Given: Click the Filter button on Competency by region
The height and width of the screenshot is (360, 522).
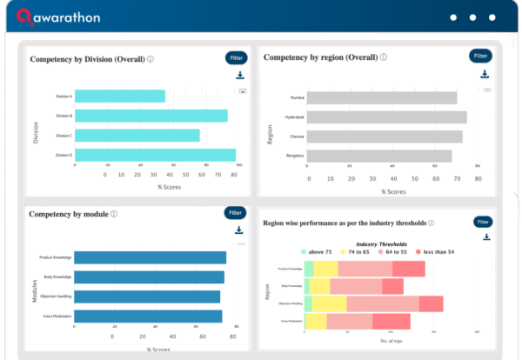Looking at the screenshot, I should coord(480,56).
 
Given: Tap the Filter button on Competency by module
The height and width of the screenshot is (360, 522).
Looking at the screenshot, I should coord(235,212).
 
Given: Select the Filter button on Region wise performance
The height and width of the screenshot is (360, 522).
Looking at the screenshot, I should coord(484,221).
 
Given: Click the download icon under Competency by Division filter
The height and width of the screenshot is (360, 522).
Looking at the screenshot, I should coord(240,77).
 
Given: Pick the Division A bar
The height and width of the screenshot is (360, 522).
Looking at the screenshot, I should coord(119,96).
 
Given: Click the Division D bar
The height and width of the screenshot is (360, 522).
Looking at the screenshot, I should coord(155,155).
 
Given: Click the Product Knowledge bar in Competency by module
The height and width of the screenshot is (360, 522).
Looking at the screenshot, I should coord(150,257).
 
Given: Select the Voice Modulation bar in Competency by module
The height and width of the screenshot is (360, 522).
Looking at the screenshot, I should coord(148,317).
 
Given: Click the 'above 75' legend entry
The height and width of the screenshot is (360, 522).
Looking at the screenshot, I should coord(316,252).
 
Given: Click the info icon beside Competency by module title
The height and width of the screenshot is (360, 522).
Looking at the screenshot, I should coord(114,214).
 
